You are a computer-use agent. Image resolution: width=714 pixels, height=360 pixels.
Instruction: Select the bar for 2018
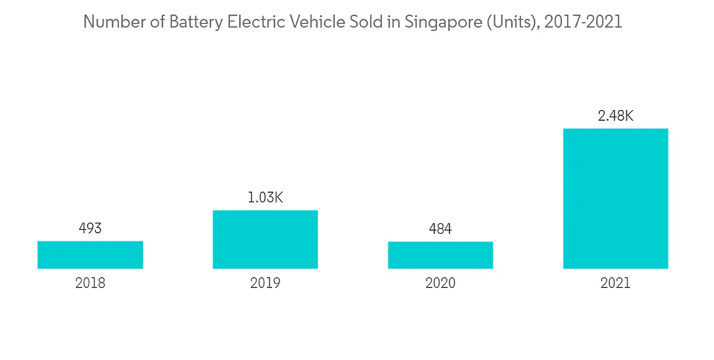tap(90, 255)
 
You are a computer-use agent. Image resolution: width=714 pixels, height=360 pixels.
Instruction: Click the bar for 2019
tap(265, 239)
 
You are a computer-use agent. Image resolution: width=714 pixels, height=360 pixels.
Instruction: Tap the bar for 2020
tap(441, 255)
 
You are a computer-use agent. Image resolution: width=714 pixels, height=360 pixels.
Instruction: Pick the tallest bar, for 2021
tap(615, 199)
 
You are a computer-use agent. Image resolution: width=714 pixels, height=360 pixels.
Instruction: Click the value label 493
tap(90, 229)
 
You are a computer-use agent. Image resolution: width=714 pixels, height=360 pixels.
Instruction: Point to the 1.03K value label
tap(265, 198)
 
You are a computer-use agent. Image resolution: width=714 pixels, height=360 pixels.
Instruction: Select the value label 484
tap(441, 229)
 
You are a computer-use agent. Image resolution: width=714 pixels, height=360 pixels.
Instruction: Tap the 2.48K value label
tap(615, 116)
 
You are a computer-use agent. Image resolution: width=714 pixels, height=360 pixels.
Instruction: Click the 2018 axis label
tap(90, 283)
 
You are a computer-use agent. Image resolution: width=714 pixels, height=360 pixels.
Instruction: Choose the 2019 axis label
tap(265, 283)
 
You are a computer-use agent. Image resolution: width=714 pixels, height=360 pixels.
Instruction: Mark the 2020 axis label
tap(441, 283)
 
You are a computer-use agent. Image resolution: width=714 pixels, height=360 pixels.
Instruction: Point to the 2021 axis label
tap(615, 283)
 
